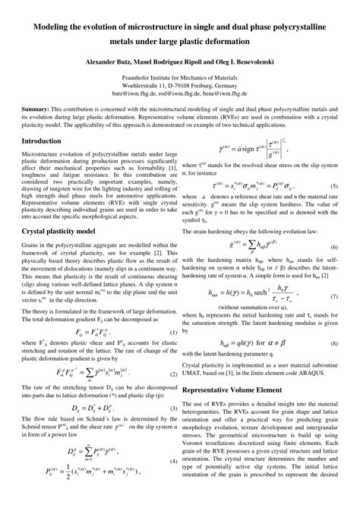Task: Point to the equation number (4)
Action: pyautogui.click(x=174, y=484)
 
